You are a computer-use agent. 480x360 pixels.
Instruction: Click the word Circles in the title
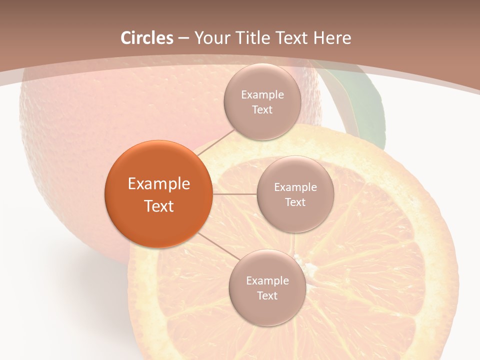[x=147, y=38]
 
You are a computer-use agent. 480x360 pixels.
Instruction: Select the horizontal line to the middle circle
[x=234, y=194]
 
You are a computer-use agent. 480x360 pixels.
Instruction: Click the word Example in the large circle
[x=159, y=184]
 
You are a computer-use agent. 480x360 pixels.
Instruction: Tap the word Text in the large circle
[x=159, y=206]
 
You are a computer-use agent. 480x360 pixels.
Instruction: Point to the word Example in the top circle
[x=262, y=95]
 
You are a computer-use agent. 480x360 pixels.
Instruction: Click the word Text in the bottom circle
[x=267, y=295]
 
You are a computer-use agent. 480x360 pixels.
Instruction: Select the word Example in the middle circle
[x=295, y=187]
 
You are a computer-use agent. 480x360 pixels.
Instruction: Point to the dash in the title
[x=183, y=38]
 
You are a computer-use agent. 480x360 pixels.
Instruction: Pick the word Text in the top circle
[x=262, y=109]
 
